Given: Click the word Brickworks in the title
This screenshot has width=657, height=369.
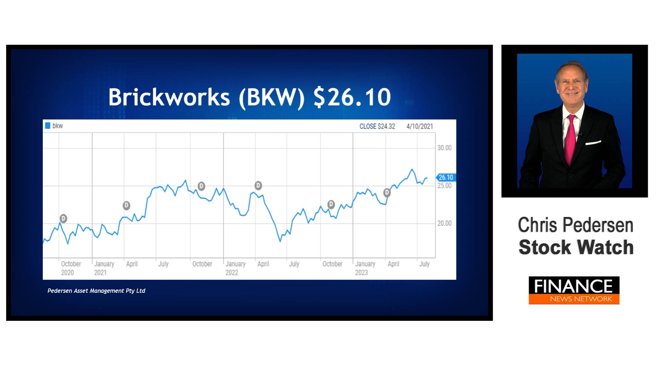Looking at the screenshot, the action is click(x=169, y=97).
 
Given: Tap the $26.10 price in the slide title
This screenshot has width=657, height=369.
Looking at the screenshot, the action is click(x=352, y=97).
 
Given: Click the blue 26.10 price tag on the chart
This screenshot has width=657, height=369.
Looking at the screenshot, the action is click(x=446, y=177).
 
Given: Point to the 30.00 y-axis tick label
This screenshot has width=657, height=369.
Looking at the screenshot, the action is click(x=444, y=148).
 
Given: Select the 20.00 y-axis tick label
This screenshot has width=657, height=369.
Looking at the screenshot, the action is click(x=444, y=223).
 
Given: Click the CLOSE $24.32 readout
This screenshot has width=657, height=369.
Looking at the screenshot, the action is click(x=377, y=126).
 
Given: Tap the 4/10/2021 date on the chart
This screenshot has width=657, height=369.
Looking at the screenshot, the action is click(x=420, y=126).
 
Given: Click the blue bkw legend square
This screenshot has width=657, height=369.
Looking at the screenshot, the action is click(x=48, y=126).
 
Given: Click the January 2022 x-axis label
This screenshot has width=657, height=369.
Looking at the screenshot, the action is click(x=235, y=268).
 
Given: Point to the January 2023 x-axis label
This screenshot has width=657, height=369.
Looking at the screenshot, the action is click(x=365, y=268).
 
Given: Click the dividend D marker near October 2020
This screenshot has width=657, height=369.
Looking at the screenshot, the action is click(x=63, y=218).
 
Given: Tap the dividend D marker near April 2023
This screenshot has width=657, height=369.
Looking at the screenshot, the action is click(x=387, y=193).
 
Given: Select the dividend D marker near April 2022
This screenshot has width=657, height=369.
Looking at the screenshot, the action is click(x=258, y=186).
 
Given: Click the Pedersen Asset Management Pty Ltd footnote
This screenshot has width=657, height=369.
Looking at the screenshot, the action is click(x=96, y=291).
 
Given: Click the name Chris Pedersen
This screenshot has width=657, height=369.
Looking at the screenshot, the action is click(x=576, y=225).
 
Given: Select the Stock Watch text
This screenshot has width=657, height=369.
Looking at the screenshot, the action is click(x=576, y=247).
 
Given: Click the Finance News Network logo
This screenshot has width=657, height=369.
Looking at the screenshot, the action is click(x=574, y=290).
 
